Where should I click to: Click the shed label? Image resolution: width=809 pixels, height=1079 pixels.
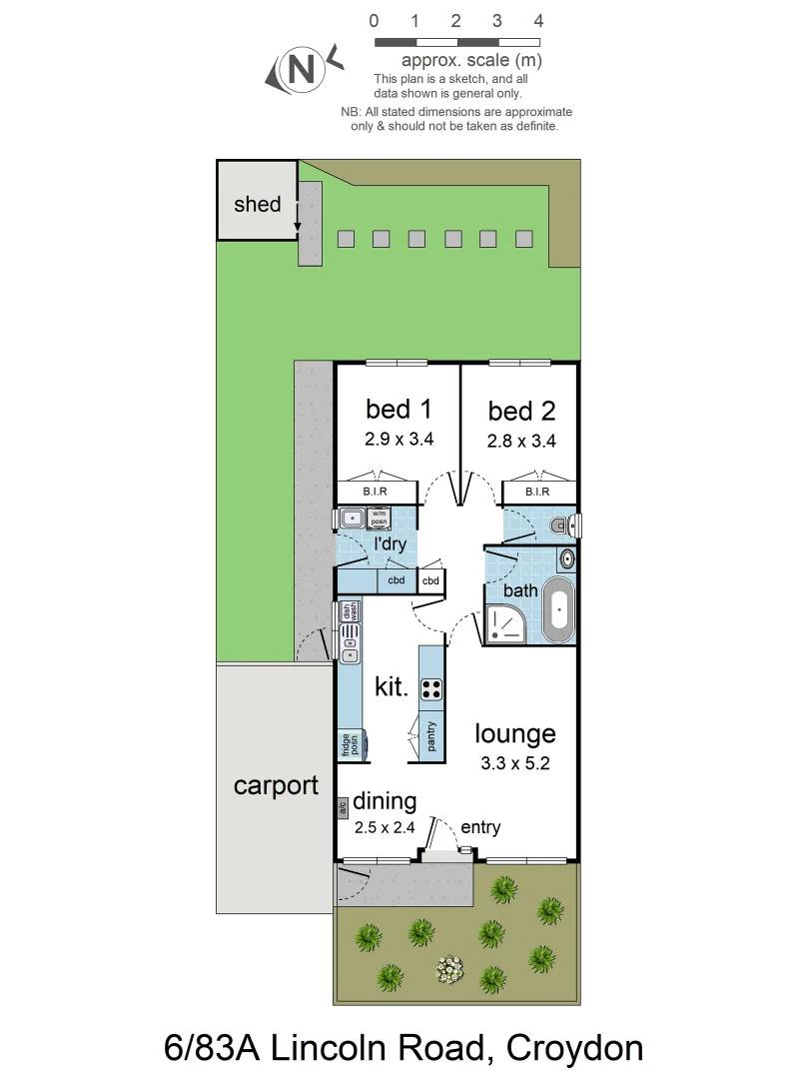(x=257, y=205)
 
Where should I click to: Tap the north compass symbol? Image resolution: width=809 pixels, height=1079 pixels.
(x=300, y=69)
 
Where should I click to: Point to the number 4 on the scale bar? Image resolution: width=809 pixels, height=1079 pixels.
(x=538, y=20)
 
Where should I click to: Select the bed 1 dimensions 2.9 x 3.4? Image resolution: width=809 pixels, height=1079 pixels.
(x=399, y=438)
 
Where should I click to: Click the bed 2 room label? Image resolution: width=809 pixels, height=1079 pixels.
(x=521, y=411)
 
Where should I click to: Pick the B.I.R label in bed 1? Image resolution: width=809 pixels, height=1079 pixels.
(x=362, y=493)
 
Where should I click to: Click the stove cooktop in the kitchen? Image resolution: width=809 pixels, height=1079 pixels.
(x=431, y=688)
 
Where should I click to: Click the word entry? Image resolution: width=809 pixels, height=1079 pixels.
(x=480, y=827)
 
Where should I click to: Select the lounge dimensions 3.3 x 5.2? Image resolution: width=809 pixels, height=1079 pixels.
(x=514, y=762)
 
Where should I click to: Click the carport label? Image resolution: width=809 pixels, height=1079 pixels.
(x=275, y=785)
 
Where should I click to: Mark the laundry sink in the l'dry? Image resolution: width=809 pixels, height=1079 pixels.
(x=351, y=518)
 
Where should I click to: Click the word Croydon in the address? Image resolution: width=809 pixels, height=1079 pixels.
(x=574, y=1048)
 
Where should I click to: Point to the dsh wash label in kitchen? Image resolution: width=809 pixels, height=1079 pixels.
(x=349, y=612)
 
